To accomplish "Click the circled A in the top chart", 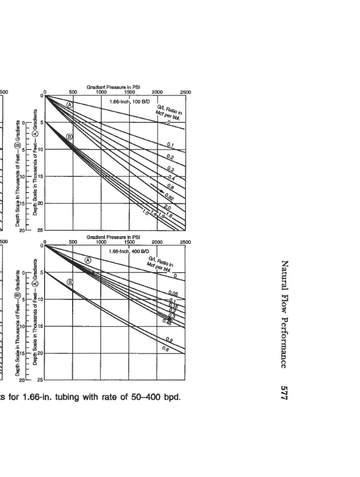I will click(x=69, y=104).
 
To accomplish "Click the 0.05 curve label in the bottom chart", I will click(x=174, y=294).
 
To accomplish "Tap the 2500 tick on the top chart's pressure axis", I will click(x=185, y=92).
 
